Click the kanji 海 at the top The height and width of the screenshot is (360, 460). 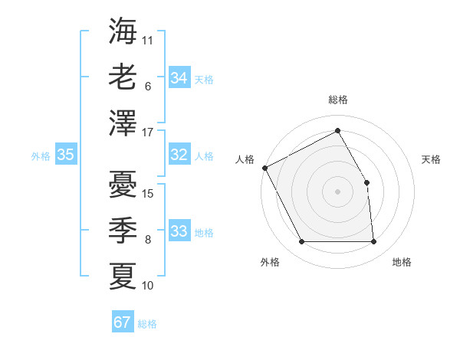(x=123, y=31)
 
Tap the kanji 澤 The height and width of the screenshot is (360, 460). (x=123, y=123)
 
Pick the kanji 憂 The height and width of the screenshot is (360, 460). (x=123, y=184)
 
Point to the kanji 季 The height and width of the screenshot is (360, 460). (x=123, y=230)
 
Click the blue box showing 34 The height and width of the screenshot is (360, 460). (x=179, y=78)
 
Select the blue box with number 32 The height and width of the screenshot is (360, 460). (x=179, y=155)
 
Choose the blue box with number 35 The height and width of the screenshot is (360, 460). (x=65, y=155)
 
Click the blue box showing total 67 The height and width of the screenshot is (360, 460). (x=122, y=322)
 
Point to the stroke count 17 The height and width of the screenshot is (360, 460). (x=149, y=133)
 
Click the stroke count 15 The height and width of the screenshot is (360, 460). (x=149, y=194)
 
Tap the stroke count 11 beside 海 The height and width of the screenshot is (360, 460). (x=148, y=41)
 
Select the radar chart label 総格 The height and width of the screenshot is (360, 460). (x=337, y=100)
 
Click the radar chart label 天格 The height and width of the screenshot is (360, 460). (x=432, y=159)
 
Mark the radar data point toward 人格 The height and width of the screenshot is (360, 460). (x=264, y=168)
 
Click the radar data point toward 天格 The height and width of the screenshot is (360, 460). (x=367, y=182)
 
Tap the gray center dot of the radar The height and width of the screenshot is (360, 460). (x=337, y=191)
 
